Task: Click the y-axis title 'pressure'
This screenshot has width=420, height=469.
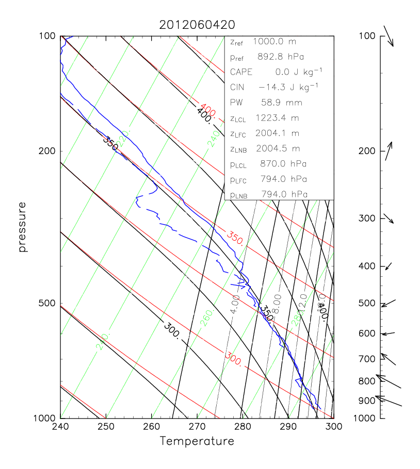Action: (x=22, y=227)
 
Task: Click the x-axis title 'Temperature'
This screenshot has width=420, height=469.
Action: (x=197, y=441)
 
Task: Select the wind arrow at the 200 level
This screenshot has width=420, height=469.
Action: (x=389, y=151)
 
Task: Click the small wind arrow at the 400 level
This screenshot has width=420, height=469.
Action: (x=389, y=266)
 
